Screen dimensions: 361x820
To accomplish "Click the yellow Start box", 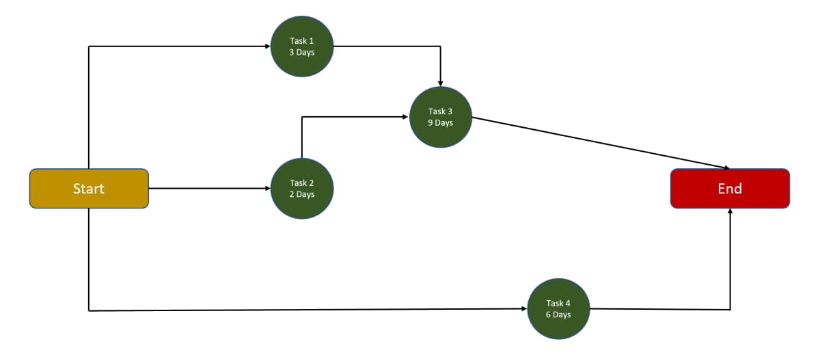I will [89, 188].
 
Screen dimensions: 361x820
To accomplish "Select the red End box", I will [730, 188].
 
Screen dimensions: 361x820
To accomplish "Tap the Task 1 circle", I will [302, 46].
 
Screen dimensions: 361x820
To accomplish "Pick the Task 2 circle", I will [302, 188].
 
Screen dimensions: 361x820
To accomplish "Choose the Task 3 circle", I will [441, 117].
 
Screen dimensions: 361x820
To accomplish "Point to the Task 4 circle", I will [558, 308].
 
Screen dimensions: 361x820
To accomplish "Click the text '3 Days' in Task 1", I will [302, 53].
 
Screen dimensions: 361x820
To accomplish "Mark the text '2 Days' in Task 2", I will [302, 194].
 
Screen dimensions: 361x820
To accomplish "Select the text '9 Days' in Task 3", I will [441, 123].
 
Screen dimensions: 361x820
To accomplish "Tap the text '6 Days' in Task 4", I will [558, 315].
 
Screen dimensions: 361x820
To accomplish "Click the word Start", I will [89, 189].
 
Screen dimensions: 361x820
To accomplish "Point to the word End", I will [730, 189].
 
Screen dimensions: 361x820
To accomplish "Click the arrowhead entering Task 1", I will [267, 46].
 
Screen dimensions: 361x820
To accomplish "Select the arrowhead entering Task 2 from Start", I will [267, 188].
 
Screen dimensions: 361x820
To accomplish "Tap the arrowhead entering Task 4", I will [524, 309].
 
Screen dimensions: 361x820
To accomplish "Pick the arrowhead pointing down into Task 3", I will [441, 83].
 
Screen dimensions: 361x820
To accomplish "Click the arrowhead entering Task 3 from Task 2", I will [406, 117].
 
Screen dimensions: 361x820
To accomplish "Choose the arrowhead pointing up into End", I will [730, 212].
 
